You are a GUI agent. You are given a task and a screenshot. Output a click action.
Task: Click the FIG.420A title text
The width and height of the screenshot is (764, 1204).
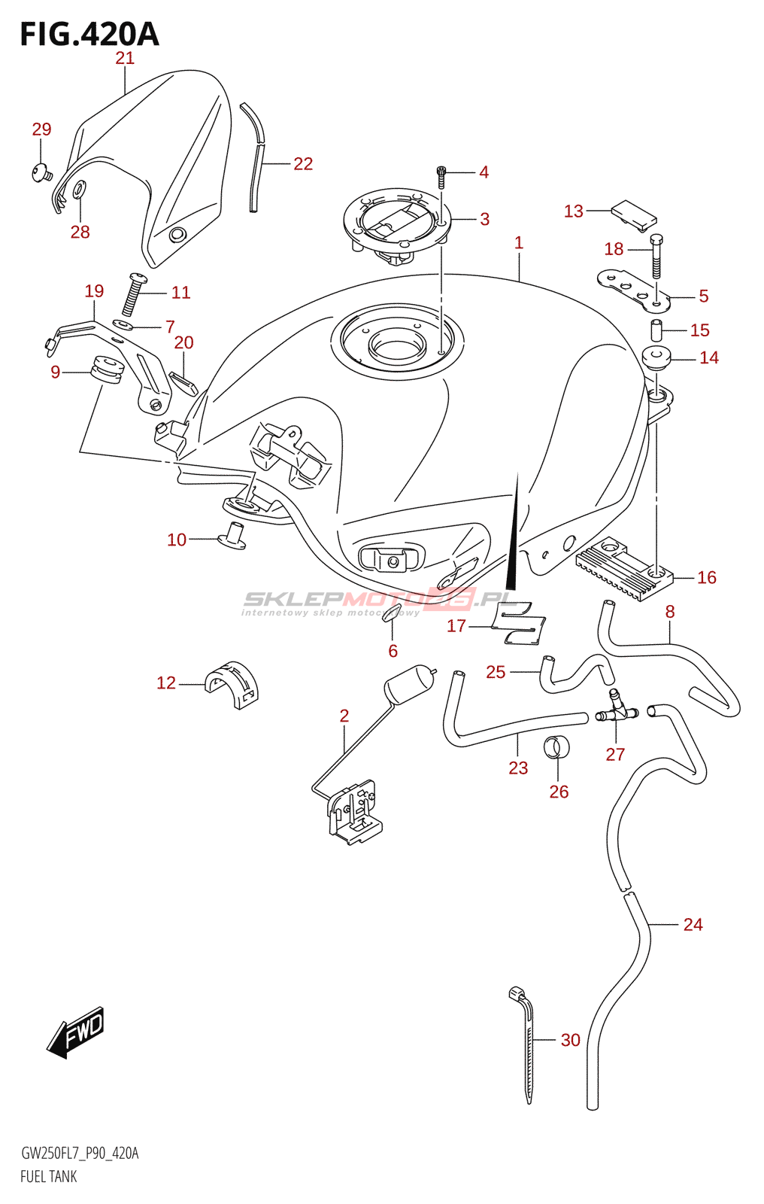(x=89, y=35)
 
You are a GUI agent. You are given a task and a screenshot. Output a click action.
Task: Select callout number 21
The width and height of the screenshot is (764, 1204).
(x=125, y=58)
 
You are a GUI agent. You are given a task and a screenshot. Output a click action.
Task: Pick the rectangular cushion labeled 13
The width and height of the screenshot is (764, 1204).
(x=634, y=213)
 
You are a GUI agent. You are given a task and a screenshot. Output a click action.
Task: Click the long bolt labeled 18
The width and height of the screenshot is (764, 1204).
(x=656, y=256)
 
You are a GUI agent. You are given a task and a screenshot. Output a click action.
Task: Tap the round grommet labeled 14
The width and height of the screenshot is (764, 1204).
(x=656, y=358)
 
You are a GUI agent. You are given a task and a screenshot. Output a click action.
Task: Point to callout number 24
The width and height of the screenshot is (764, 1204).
(x=693, y=924)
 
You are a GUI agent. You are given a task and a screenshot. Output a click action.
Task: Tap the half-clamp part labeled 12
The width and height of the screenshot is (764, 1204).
(x=232, y=684)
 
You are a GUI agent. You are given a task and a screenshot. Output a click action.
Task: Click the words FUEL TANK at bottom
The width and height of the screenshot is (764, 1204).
(x=49, y=1177)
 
